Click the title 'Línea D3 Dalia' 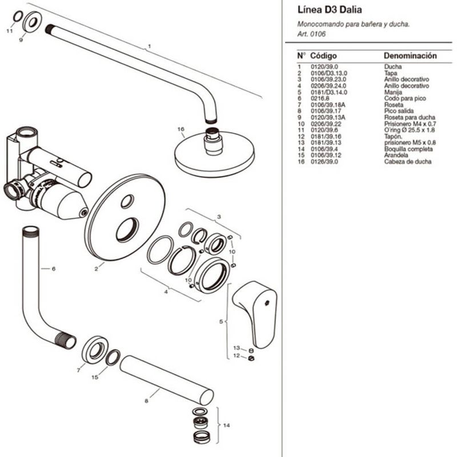pos(330,10)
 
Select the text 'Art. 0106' pos(311,34)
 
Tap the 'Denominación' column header pos(410,55)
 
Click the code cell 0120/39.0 pos(324,67)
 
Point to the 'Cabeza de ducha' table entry pos(407,162)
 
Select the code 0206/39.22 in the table pos(326,124)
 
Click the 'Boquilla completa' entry pos(408,149)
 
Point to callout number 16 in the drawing pos(181,129)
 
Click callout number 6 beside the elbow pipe pos(53,268)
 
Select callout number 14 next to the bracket pos(226,425)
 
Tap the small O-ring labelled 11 pos(18,17)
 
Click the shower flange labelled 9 pos(32,21)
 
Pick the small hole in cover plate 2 pos(127,202)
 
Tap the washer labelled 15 pos(113,358)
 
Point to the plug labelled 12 pos(251,358)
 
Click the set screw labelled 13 pos(251,351)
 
